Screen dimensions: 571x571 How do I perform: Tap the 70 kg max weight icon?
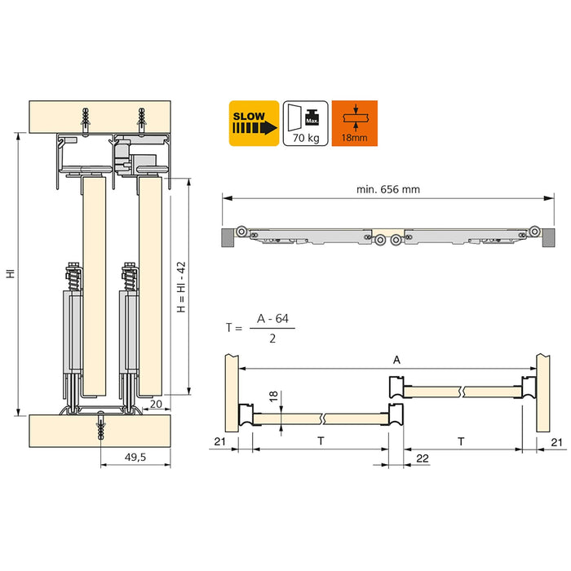coord(305,123)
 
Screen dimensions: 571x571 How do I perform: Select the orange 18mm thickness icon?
coord(355,123)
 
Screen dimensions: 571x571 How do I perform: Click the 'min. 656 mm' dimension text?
coord(387,189)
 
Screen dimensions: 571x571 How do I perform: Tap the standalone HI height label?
coord(10,275)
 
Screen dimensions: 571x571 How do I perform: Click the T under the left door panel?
coord(320,441)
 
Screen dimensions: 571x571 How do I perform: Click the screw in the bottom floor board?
coord(100,427)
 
